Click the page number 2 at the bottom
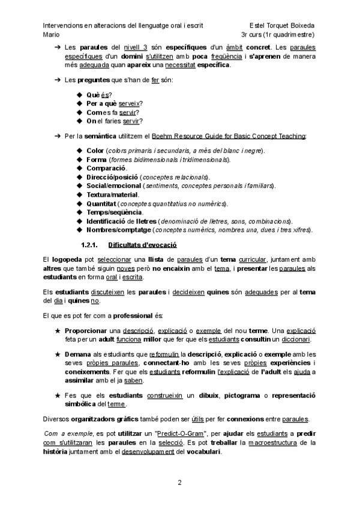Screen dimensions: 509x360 coord(179,483)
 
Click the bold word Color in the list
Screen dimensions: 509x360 coord(95,150)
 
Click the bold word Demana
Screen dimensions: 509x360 coord(77,354)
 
